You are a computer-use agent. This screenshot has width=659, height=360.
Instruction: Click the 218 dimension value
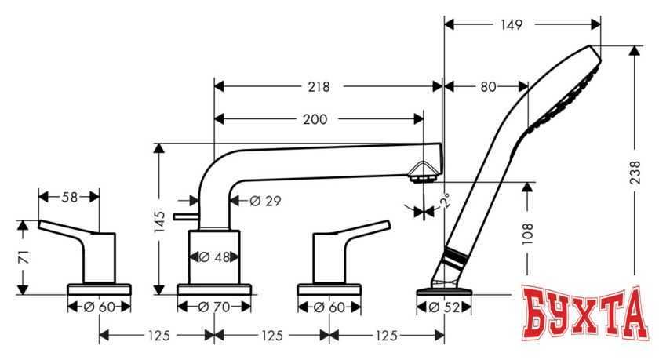pyautogui.click(x=319, y=86)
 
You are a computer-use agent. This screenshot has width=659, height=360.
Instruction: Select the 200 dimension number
pyautogui.click(x=315, y=119)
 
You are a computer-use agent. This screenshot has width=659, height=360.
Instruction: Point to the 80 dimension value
pyautogui.click(x=488, y=87)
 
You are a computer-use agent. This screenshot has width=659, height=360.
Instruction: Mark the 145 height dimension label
pyautogui.click(x=159, y=223)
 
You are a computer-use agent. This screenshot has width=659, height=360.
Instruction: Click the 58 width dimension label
pyautogui.click(x=69, y=198)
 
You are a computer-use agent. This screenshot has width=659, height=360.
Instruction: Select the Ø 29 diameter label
pyautogui.click(x=264, y=201)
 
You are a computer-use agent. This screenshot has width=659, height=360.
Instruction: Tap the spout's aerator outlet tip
pyautogui.click(x=423, y=177)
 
